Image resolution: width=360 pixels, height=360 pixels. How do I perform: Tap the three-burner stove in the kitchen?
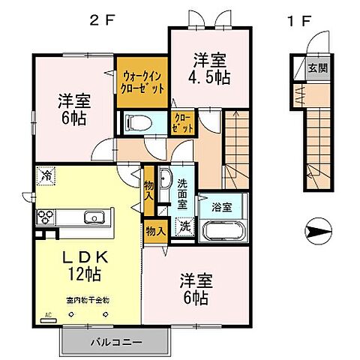46,218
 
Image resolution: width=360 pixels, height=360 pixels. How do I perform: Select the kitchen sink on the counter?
94,218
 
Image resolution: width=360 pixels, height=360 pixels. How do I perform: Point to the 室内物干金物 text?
88,300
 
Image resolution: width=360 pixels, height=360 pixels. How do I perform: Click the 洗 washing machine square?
184,226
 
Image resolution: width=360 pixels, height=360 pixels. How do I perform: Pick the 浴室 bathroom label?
220,205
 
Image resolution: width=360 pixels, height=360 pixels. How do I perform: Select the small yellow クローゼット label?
181,123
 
